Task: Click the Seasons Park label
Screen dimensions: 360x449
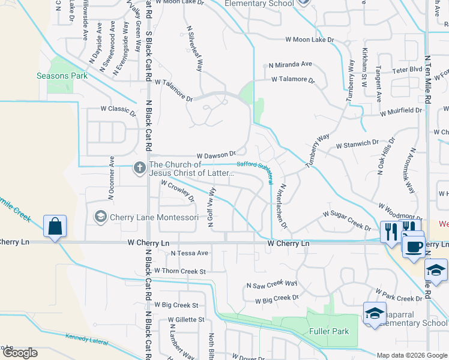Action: coord(62,76)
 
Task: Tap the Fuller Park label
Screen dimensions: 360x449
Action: coord(329,331)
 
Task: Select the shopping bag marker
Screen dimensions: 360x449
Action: coord(55,227)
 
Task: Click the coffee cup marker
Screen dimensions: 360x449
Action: coord(413,247)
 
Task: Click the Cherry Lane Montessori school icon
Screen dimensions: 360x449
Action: coord(100,216)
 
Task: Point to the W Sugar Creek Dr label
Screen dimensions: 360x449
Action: coord(346,220)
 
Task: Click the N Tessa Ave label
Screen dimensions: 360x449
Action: coord(189,253)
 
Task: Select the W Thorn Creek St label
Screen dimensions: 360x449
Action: coord(179,271)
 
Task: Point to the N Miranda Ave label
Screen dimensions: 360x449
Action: coord(291,64)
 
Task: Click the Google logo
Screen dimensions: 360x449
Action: coord(19,353)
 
